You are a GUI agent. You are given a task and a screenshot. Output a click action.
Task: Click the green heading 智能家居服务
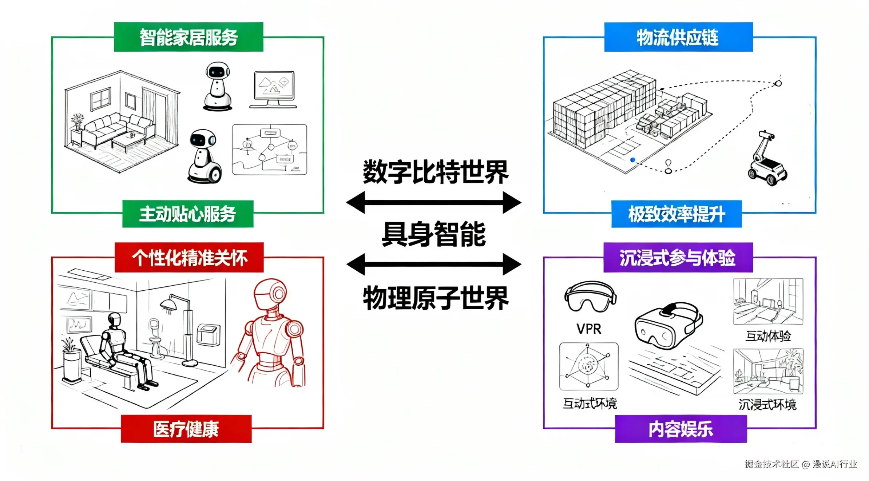point(189,37)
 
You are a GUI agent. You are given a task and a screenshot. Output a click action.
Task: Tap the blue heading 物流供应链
point(678,37)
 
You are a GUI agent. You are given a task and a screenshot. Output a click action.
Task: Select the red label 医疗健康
point(186,429)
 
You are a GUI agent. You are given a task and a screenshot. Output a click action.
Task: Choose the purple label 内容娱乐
point(680,429)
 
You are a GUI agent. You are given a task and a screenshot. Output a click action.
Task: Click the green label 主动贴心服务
point(188,214)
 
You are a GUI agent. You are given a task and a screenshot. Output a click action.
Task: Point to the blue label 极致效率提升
point(676,214)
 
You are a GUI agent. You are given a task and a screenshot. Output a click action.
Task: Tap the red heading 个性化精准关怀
point(189,258)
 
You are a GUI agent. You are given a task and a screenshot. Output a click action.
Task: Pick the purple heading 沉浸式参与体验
point(678,258)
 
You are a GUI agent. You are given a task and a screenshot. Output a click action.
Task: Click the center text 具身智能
point(434,234)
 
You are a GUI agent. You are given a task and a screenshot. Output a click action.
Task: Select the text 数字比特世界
point(436,172)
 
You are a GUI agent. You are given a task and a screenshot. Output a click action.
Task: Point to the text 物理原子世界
point(436,298)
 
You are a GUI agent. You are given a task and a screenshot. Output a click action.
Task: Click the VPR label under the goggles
point(589,329)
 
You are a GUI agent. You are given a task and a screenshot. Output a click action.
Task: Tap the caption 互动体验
point(768,336)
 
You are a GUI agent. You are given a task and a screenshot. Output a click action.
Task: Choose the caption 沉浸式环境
point(767,404)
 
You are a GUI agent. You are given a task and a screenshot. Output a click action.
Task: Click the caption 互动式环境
point(590,404)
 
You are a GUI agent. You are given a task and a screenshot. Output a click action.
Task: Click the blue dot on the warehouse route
point(633,160)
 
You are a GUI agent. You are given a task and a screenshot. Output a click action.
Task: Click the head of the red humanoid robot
point(270,294)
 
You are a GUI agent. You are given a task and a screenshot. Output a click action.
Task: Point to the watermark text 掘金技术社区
point(771,464)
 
